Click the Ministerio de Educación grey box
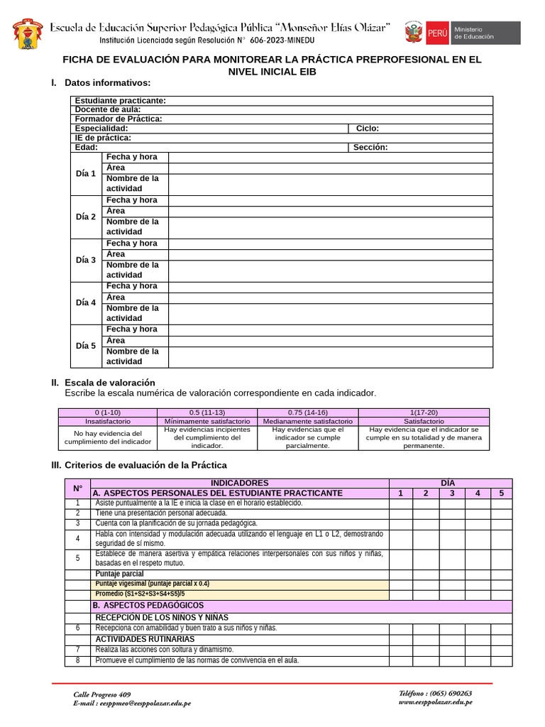tap(485, 33)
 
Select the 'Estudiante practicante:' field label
tap(121, 101)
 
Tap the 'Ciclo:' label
tap(368, 129)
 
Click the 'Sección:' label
tap(370, 147)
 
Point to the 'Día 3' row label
tap(86, 260)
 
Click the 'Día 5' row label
tap(86, 346)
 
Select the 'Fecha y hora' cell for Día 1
tap(132, 157)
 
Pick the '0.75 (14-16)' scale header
tap(307, 412)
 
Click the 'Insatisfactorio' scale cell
tap(108, 421)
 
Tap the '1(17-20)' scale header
tap(424, 412)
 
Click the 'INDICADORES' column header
tap(240, 483)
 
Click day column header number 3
tap(451, 493)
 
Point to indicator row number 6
tap(77, 628)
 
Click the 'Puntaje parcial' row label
tap(120, 574)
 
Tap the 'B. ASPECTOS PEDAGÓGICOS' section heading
tap(148, 606)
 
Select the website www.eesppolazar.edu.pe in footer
tap(435, 702)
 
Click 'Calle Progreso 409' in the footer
tap(102, 694)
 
